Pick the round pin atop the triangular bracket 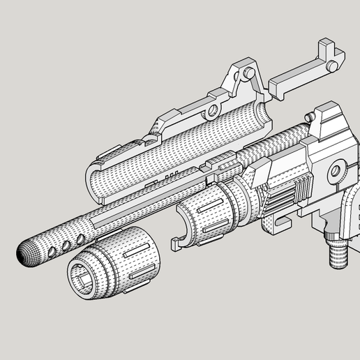pyautogui.click(x=248, y=72)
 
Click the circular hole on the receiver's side pyautogui.click(x=336, y=170)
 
